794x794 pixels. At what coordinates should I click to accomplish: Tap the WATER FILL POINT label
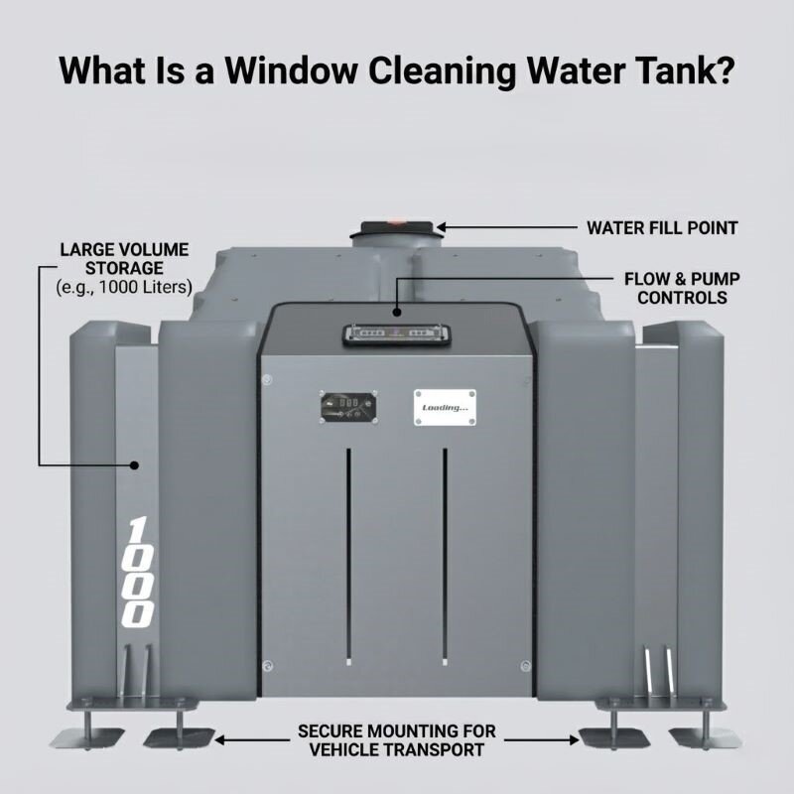point(662,228)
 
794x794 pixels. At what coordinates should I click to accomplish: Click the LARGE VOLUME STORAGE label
point(124,259)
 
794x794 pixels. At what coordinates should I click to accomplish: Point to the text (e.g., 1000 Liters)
point(124,288)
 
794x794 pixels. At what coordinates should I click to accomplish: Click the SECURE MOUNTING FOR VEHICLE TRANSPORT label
point(397,740)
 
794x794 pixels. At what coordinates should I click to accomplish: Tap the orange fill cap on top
point(396,222)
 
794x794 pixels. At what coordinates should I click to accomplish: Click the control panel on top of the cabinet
point(396,334)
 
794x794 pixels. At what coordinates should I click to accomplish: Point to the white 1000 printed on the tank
point(140,571)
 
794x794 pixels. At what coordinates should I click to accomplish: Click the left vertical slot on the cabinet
point(347,556)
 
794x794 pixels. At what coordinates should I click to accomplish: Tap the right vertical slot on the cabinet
point(445,556)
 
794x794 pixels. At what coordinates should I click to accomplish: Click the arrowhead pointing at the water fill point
point(444,228)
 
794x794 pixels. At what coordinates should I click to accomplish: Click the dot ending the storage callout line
point(137,463)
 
